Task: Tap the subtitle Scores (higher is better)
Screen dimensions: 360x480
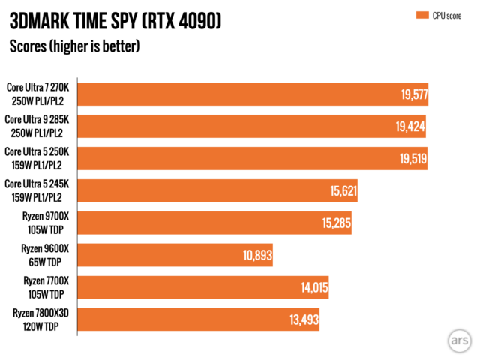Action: [74, 46]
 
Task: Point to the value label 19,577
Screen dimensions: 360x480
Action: [411, 94]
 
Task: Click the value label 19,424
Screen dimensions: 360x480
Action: [409, 127]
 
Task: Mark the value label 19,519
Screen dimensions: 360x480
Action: [410, 159]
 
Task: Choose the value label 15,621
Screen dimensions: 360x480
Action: [342, 191]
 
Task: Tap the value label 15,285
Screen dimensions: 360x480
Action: [336, 223]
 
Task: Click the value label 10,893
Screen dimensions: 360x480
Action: [256, 255]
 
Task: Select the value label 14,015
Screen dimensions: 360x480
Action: [313, 287]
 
